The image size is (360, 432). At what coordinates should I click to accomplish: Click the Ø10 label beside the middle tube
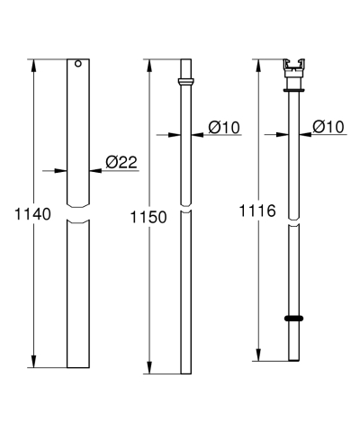(x=223, y=128)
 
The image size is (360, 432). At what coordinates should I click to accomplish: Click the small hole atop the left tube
(x=77, y=64)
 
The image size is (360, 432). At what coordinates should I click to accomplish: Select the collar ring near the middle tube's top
(x=184, y=82)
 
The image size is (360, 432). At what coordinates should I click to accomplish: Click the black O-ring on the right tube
(x=292, y=318)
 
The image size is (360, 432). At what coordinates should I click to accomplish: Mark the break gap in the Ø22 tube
(x=78, y=218)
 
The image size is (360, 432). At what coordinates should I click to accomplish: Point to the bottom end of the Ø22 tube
(x=78, y=366)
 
